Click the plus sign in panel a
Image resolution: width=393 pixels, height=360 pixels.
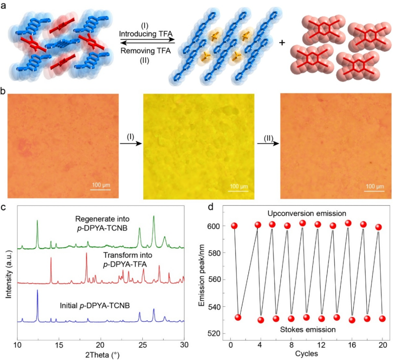tap(282, 43)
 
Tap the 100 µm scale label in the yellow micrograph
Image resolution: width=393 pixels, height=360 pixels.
tap(238, 186)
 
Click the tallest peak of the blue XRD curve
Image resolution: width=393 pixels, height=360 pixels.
tap(37, 292)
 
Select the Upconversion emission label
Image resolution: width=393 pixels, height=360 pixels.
tap(306, 213)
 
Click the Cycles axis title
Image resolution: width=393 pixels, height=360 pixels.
tap(306, 354)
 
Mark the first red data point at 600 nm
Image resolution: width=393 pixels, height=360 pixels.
tap(234, 226)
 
